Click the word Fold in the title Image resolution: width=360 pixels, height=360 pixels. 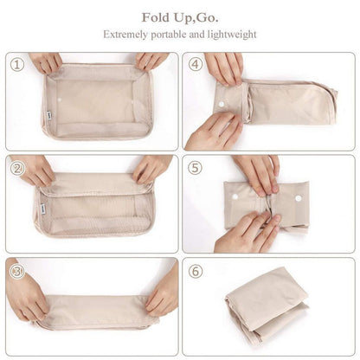click(x=157, y=17)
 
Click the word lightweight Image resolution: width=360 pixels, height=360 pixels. click(x=230, y=35)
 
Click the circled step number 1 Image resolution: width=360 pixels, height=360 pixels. click(x=16, y=64)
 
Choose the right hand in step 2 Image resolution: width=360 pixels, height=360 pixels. click(x=151, y=168)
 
